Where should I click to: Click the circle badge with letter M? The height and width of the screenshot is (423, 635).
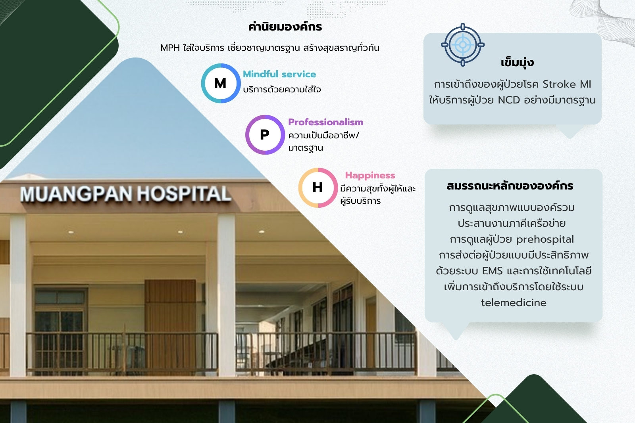(x=221, y=83)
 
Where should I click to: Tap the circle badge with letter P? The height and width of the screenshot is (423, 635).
(x=265, y=135)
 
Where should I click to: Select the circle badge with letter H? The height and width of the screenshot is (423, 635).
(x=318, y=188)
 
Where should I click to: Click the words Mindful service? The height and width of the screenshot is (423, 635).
(x=279, y=74)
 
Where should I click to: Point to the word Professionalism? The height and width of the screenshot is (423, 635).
(x=325, y=122)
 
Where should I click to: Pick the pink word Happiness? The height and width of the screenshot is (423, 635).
(x=370, y=176)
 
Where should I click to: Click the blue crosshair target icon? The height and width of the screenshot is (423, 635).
(x=463, y=45)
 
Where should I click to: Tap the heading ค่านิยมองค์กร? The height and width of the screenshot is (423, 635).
(x=285, y=27)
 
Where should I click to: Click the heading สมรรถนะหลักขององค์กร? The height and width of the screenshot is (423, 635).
(x=510, y=186)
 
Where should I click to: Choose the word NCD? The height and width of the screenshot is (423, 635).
(x=509, y=100)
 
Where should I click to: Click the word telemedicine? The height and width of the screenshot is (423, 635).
(x=514, y=302)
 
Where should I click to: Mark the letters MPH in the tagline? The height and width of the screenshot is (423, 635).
(x=170, y=48)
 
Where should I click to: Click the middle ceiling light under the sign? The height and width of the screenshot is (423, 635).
(x=180, y=232)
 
